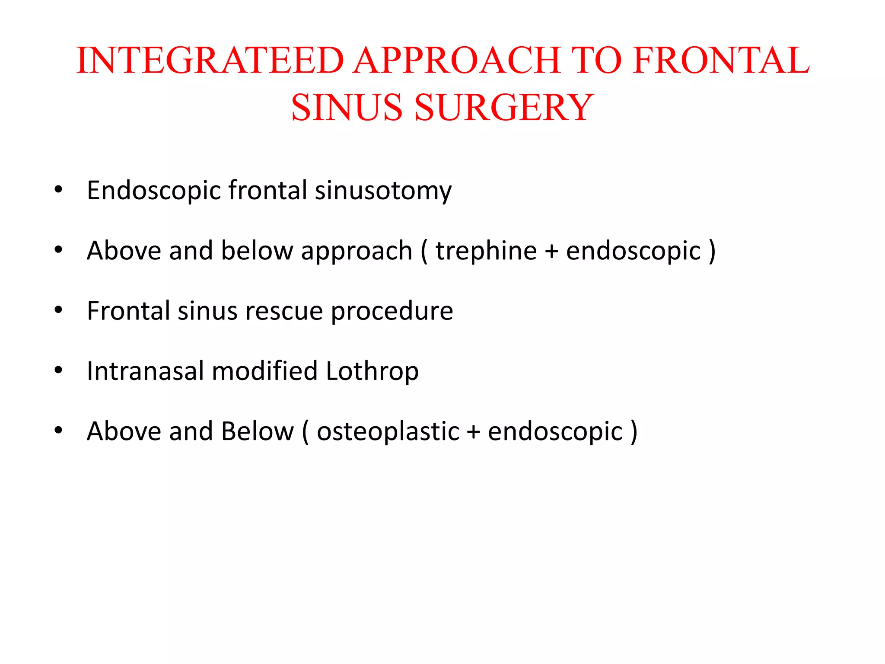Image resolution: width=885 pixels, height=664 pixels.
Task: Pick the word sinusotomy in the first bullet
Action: pos(383,190)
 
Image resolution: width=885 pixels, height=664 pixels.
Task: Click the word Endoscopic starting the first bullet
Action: pos(154,190)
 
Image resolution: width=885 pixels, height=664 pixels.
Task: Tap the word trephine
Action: pos(486,250)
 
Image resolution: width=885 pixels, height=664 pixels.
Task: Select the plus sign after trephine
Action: pos(551,251)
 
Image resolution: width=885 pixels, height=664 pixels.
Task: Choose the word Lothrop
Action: pos(372,371)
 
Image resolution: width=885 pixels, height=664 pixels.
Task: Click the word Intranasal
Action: pos(145,371)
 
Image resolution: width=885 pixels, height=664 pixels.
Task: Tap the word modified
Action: pos(264,371)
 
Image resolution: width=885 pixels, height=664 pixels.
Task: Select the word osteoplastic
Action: pos(388,431)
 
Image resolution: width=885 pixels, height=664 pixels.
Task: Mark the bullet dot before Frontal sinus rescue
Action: pos(59,310)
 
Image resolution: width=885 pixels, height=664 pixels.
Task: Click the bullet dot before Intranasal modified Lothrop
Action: pos(59,370)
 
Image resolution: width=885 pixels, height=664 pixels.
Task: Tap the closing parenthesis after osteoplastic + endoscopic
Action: pos(634,431)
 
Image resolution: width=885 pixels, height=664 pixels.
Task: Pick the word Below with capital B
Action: pos(257,431)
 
